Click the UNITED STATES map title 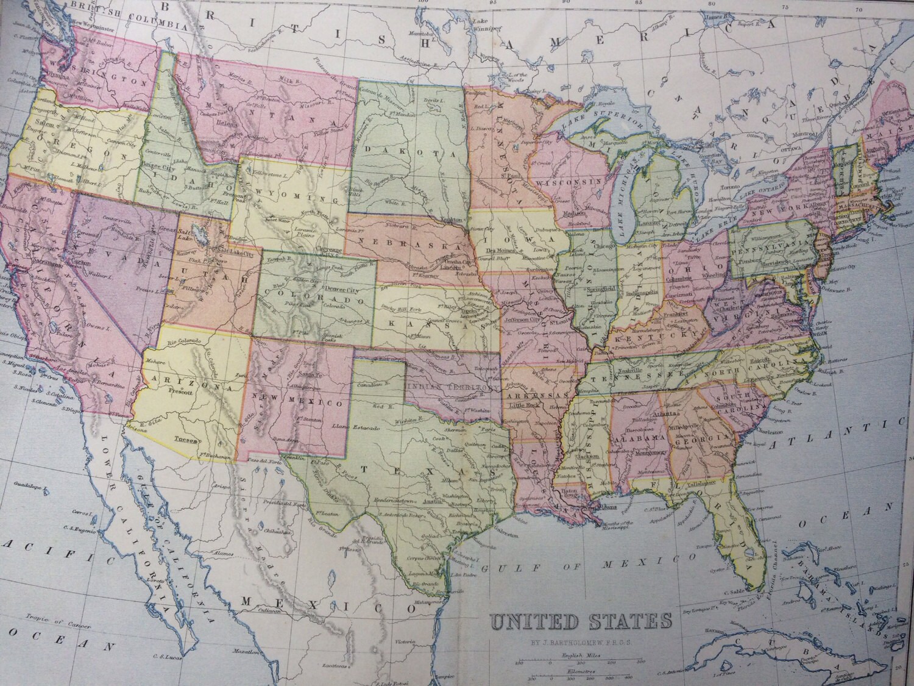click(x=581, y=623)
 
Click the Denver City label click(x=323, y=287)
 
